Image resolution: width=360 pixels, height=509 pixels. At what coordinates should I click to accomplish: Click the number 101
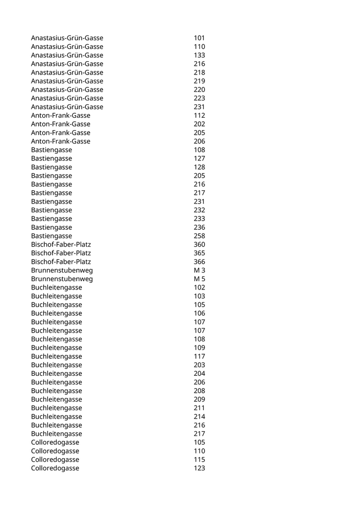tap(199, 38)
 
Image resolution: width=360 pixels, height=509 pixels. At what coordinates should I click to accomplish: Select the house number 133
tap(199, 55)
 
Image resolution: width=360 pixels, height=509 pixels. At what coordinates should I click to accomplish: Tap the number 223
tap(199, 98)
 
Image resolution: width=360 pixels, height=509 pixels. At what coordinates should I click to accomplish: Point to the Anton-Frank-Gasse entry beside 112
tap(60, 116)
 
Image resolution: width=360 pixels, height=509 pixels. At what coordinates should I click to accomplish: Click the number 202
tap(199, 124)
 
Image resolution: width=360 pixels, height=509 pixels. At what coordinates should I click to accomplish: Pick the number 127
tap(199, 158)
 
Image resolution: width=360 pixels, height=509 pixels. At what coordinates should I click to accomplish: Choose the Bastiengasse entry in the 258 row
tap(51, 236)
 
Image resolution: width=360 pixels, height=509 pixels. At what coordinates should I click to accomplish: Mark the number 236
tap(199, 227)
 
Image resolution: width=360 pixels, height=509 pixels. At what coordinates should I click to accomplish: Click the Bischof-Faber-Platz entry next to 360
tap(61, 245)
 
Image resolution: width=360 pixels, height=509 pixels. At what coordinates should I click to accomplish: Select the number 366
tap(199, 262)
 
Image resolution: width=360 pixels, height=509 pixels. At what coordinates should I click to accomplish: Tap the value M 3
tap(200, 270)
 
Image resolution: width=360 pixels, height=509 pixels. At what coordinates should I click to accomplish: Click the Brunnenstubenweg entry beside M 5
tap(62, 279)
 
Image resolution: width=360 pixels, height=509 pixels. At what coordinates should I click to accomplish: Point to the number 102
tap(199, 287)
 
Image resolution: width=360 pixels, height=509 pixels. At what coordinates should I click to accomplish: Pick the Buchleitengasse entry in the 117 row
tap(56, 356)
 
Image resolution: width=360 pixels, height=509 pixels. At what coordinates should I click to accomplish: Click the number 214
tap(199, 416)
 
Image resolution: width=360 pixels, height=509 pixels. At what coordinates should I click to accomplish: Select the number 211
tap(199, 408)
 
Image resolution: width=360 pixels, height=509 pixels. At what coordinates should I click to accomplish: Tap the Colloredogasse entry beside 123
tap(55, 468)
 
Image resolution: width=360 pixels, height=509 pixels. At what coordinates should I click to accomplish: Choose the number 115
tap(199, 460)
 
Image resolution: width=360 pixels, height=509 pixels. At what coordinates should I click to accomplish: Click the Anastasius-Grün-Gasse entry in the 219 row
tap(67, 81)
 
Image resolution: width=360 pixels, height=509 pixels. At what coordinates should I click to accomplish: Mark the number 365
tap(199, 253)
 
